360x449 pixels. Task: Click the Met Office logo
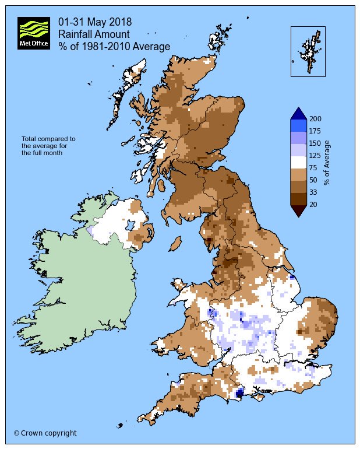click(33, 33)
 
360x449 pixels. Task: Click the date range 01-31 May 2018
click(94, 22)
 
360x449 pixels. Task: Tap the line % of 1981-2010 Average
click(114, 46)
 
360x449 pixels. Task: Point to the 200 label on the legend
click(315, 118)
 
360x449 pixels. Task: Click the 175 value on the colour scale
click(315, 131)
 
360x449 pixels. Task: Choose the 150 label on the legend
click(315, 143)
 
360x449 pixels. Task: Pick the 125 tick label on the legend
click(315, 155)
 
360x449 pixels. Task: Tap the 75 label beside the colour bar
click(313, 167)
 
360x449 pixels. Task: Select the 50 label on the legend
click(313, 180)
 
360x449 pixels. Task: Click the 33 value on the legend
click(313, 192)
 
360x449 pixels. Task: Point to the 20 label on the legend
click(313, 204)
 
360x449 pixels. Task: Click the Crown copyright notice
click(45, 433)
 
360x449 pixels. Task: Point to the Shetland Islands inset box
click(308, 51)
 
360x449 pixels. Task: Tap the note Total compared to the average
click(48, 146)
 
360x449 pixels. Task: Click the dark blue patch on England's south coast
click(239, 394)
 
